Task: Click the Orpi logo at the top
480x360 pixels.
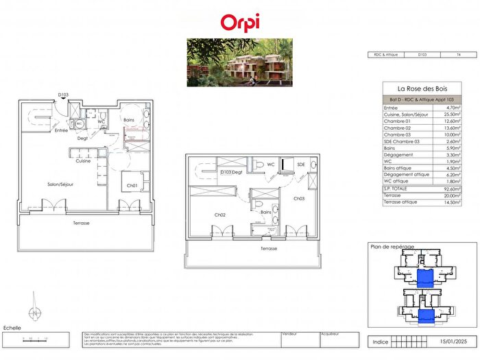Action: click(x=240, y=22)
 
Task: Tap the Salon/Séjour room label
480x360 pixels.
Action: click(x=43, y=184)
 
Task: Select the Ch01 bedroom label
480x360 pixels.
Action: click(x=132, y=186)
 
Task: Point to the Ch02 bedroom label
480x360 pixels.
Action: click(x=220, y=215)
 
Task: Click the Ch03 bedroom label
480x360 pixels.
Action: click(x=299, y=199)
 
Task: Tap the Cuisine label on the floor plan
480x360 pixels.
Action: click(x=83, y=161)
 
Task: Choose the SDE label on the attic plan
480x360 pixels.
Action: click(x=300, y=165)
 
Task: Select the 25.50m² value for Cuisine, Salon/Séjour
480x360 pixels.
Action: click(x=451, y=115)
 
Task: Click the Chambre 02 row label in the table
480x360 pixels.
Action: click(x=398, y=128)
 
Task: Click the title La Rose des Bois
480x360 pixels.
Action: click(x=420, y=89)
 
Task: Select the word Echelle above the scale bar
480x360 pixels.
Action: click(x=13, y=328)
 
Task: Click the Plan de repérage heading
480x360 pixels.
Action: click(x=389, y=247)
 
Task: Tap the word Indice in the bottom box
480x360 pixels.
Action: click(x=381, y=341)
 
